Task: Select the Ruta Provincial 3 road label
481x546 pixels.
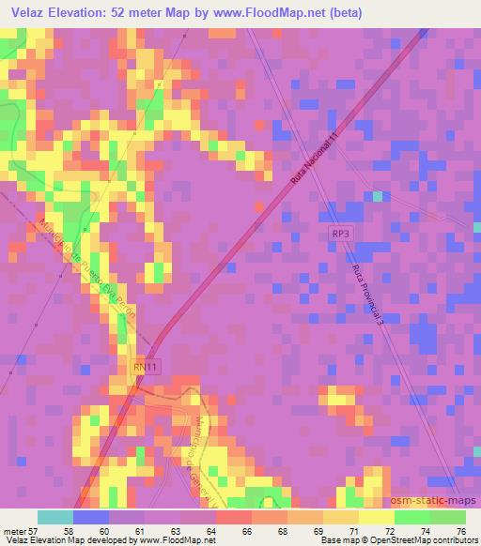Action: (x=370, y=294)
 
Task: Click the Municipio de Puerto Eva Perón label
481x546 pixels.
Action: (x=90, y=271)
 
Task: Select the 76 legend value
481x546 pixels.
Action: (x=459, y=531)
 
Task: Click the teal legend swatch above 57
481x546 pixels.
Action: (x=54, y=517)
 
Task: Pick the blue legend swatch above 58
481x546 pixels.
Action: (x=89, y=517)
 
